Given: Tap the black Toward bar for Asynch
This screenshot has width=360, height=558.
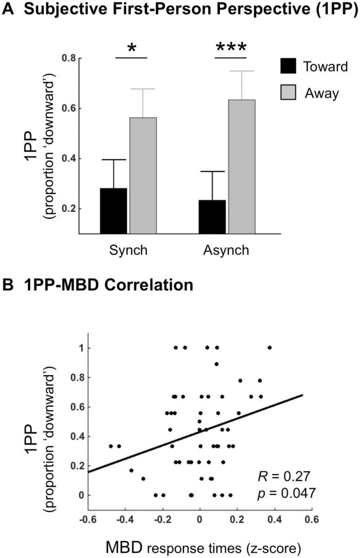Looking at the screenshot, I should (212, 216).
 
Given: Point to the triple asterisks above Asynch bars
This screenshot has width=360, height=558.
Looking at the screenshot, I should (230, 48).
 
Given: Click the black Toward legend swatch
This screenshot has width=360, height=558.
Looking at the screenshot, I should (288, 67).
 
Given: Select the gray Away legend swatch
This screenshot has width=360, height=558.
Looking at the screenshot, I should (288, 93).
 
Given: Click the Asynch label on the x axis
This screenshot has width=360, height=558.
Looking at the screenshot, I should (226, 250).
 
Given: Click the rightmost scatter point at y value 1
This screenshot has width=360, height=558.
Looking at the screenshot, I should (269, 347).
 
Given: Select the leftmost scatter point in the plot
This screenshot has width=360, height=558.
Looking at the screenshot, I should (111, 446).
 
